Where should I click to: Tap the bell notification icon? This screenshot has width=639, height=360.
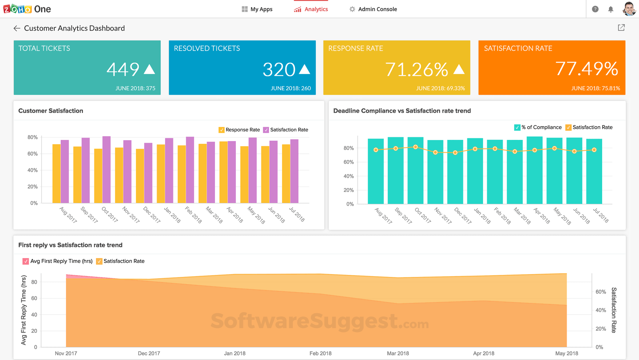[611, 9]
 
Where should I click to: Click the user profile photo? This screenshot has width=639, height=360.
[629, 9]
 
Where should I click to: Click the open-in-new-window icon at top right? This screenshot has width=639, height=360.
[621, 28]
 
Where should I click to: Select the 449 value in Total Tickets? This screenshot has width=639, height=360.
[123, 70]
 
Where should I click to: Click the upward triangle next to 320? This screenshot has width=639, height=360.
[305, 69]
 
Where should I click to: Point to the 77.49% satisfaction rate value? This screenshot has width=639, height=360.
[587, 69]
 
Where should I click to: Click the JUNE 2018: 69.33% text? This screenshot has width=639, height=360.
[440, 88]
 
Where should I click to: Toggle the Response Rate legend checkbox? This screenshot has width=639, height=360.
[221, 130]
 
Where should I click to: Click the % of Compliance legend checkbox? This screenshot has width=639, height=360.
[517, 127]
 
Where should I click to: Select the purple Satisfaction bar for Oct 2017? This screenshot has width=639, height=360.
[106, 169]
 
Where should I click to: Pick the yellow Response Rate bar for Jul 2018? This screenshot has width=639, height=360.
[286, 173]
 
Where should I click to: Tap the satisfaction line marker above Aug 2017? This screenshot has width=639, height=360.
[376, 150]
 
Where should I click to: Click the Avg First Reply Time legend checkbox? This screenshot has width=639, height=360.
[26, 261]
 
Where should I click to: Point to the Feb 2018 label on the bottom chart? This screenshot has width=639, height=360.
[320, 353]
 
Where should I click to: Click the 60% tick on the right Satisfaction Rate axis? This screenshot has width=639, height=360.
[601, 292]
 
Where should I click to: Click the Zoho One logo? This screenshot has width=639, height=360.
[27, 9]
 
